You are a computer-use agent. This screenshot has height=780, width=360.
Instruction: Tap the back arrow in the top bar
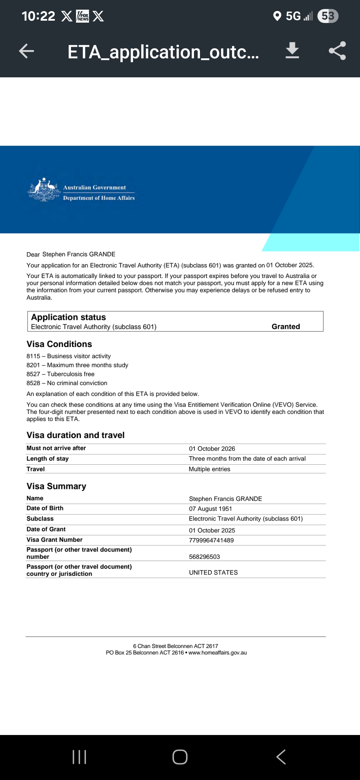click(27, 51)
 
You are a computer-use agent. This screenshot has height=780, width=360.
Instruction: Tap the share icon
click(337, 51)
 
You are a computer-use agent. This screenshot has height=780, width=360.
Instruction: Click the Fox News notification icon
click(83, 16)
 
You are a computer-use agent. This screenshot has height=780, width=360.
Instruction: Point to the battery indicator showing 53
click(328, 16)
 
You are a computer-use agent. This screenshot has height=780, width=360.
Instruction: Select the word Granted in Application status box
click(286, 327)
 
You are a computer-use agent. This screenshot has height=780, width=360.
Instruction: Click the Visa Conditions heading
click(59, 344)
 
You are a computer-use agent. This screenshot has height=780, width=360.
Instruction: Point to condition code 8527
click(33, 374)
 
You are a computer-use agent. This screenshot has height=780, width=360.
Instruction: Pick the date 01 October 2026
click(212, 449)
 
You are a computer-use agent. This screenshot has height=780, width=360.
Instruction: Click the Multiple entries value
click(209, 469)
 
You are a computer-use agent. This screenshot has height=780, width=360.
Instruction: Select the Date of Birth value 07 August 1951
click(210, 509)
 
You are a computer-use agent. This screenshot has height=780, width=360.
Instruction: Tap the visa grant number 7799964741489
click(211, 540)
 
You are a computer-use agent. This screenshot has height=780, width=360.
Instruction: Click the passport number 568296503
click(204, 557)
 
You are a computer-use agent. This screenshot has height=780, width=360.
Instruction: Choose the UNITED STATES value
click(213, 572)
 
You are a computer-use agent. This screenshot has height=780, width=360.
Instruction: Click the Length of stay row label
click(48, 459)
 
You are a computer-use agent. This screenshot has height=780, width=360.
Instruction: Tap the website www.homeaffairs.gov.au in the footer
click(218, 653)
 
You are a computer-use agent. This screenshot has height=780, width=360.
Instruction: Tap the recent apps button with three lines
click(79, 757)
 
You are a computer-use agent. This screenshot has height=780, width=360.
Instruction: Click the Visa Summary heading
click(56, 486)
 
